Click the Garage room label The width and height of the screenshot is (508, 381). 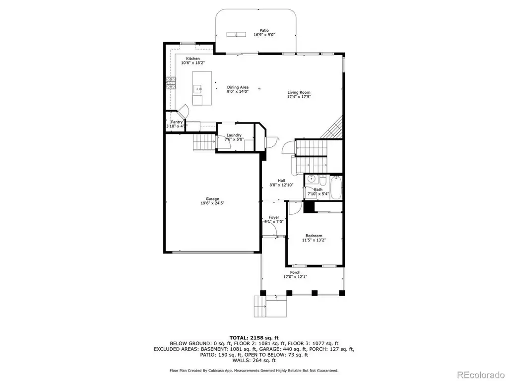point(212,199)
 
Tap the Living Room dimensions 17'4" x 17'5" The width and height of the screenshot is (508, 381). point(299,97)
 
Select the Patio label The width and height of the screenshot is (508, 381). point(264,30)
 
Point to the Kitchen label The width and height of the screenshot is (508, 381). point(193,59)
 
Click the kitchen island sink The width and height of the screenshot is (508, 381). point(198,88)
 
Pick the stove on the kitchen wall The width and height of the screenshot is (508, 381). point(171,83)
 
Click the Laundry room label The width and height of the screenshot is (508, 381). point(234,135)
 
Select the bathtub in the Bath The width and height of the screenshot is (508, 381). point(336,188)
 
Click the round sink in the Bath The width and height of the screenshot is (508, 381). point(312,179)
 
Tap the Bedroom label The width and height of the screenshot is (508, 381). point(314,236)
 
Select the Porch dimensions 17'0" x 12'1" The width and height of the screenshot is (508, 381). point(295,277)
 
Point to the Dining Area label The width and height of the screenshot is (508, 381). point(238,87)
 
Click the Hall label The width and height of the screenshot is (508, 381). point(281,181)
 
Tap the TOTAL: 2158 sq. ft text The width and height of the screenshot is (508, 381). point(254,338)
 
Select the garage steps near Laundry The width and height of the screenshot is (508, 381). point(204,142)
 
